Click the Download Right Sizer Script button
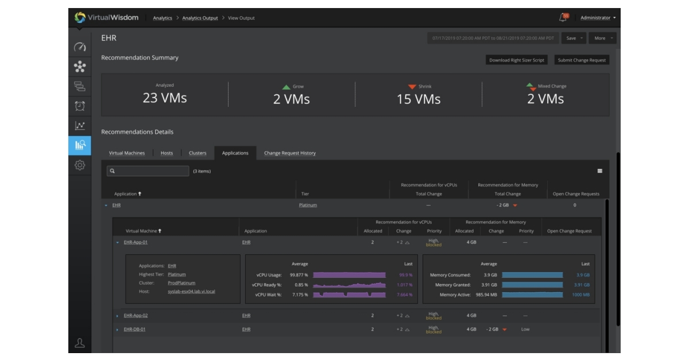tap(517, 60)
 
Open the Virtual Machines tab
tap(127, 153)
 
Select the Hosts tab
tap(167, 153)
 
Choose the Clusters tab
tap(198, 153)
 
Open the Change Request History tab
tap(289, 153)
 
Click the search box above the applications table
tap(148, 171)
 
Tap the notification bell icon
tap(563, 18)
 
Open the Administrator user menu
tap(598, 18)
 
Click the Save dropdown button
tap(574, 38)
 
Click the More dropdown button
tap(602, 38)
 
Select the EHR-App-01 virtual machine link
tap(136, 242)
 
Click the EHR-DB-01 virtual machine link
tap(134, 330)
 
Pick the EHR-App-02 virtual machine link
tap(136, 316)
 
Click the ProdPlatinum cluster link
tap(181, 283)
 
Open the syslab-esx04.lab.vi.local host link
tap(191, 292)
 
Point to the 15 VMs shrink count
tap(419, 99)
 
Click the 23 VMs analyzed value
tap(165, 98)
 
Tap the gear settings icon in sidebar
tap(80, 165)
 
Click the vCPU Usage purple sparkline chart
tap(349, 275)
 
